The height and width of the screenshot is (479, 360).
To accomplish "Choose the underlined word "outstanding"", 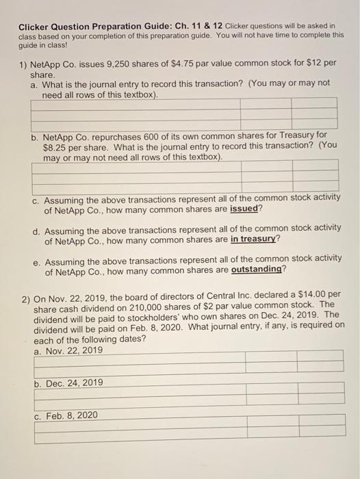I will click(x=257, y=270).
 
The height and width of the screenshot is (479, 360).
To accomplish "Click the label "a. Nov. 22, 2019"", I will click(x=68, y=350).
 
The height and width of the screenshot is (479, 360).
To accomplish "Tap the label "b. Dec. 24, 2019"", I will click(x=68, y=383).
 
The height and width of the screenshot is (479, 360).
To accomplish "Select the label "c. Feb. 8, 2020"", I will click(x=66, y=415).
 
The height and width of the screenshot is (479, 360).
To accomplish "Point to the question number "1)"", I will click(x=25, y=63).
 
